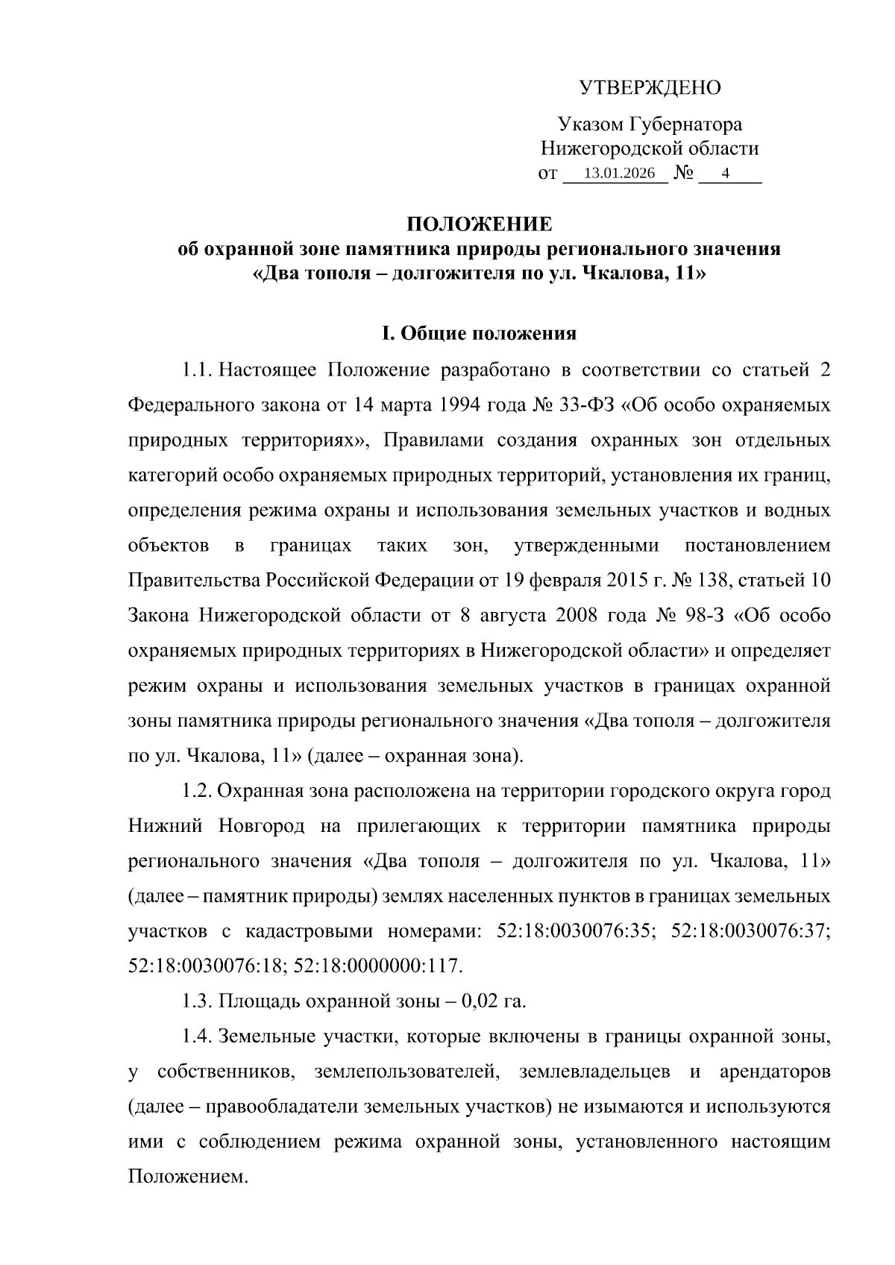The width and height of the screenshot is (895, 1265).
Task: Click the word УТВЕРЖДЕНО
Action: pos(650,88)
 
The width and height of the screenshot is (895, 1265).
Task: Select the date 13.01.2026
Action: pos(619,174)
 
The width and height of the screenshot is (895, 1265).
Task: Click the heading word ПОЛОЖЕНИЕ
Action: pos(479,224)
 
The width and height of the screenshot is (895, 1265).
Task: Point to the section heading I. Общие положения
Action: pos(479,333)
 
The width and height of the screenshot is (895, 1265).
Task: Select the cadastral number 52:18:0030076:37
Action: pos(750,932)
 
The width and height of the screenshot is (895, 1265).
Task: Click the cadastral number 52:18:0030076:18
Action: pos(207,967)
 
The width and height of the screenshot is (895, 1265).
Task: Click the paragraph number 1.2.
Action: pos(197,791)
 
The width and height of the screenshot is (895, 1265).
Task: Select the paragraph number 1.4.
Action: pos(197,1036)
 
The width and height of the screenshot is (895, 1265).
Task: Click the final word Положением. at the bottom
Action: pos(186,1177)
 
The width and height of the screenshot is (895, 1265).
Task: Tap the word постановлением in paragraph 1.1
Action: pos(757,546)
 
